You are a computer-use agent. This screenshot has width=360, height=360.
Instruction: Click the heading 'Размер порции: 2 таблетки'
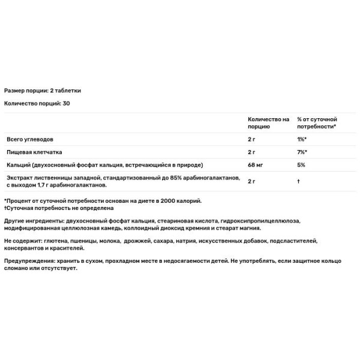pos(42,91)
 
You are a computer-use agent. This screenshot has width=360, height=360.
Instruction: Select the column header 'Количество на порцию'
pos(268,123)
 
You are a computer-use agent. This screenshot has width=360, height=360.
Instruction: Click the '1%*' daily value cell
pos(302,139)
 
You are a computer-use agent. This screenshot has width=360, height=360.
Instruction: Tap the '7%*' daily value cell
pos(302,152)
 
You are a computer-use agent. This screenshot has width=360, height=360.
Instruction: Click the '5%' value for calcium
pos(301,164)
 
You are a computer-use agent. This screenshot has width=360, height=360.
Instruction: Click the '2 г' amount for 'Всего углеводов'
pos(252,139)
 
